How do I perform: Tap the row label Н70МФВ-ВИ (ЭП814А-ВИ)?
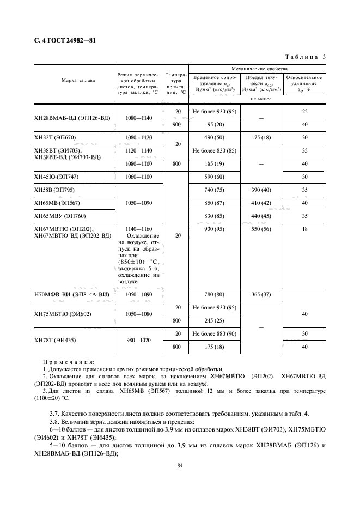(72, 294)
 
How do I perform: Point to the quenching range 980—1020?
(138, 339)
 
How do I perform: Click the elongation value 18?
(304, 229)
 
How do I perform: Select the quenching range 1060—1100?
(138, 177)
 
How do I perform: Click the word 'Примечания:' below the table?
(69, 362)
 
